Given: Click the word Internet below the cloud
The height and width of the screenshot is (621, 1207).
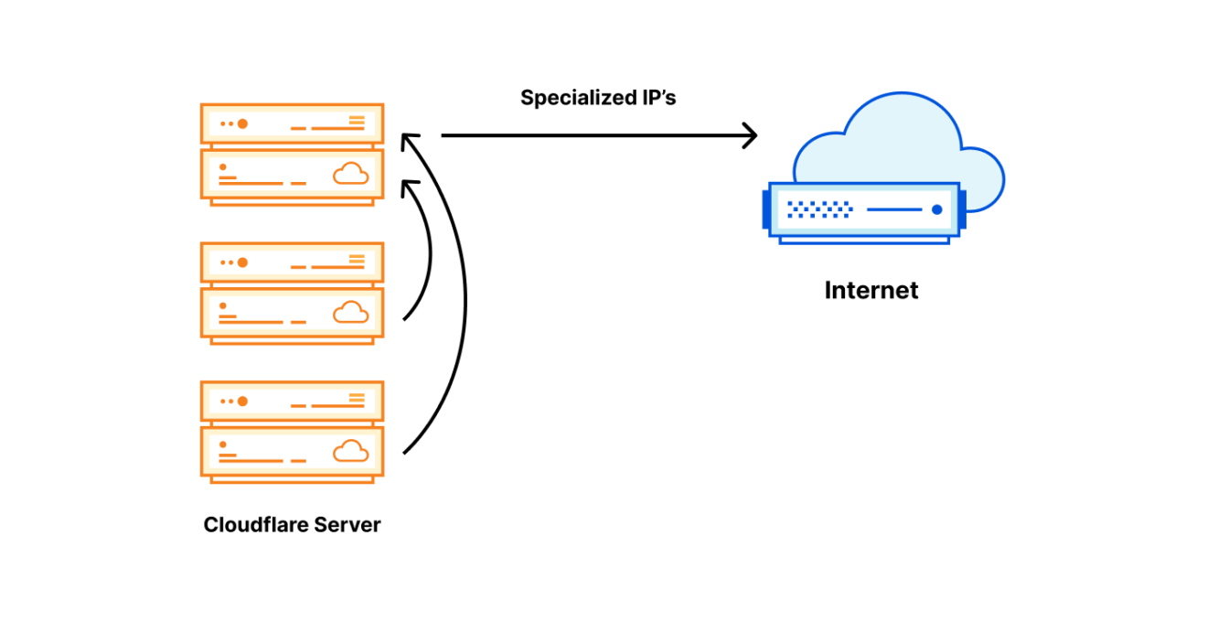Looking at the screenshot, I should click(871, 291).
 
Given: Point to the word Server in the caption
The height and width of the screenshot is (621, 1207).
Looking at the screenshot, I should click(347, 525).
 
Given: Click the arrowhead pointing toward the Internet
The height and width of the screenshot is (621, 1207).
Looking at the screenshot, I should click(750, 136).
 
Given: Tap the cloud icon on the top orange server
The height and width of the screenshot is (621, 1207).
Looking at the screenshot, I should click(350, 173).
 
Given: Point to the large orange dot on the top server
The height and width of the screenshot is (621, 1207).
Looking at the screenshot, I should click(242, 123).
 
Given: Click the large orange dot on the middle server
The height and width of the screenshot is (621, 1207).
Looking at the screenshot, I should click(242, 262).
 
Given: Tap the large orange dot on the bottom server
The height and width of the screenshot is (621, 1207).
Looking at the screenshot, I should click(242, 401).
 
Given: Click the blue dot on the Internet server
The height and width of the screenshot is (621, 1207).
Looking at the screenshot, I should click(936, 209).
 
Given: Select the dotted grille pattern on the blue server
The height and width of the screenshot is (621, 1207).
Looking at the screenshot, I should click(819, 209).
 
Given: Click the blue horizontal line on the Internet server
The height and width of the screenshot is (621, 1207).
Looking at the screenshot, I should click(893, 209).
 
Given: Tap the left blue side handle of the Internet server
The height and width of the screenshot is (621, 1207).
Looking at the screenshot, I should click(766, 209).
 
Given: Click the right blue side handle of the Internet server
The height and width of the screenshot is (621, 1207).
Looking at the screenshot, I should click(962, 209).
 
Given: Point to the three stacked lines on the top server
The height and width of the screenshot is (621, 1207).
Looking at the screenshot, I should click(357, 121).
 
